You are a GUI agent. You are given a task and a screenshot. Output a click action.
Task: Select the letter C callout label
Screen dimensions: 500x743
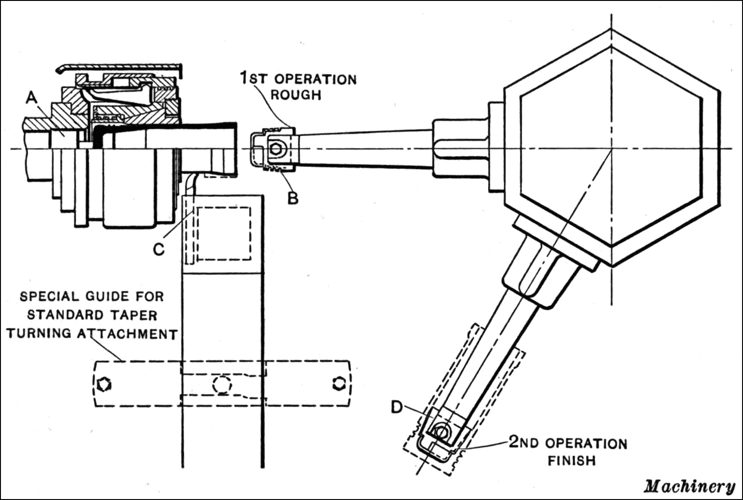pos(158,249)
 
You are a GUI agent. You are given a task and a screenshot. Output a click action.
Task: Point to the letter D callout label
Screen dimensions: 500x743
pos(397,407)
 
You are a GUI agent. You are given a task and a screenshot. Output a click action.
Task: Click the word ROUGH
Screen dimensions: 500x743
pos(296,95)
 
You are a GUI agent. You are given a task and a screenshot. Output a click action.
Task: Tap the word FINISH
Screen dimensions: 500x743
pos(572,460)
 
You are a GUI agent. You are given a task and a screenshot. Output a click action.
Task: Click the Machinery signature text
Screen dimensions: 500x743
pos(689,486)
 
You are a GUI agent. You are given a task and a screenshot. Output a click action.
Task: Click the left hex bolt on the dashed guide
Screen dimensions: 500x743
pos(105,384)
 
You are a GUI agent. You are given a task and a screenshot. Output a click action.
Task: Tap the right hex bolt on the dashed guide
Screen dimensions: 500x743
pos(339,383)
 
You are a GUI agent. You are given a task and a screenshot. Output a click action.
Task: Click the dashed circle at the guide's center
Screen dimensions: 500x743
pos(222,384)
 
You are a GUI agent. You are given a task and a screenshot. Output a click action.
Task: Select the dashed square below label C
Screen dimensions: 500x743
pos(224,233)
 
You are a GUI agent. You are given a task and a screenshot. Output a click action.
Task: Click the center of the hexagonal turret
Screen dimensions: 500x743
pos(612,148)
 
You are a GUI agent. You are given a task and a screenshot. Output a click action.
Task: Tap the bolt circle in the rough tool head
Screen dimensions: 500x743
pos(277,149)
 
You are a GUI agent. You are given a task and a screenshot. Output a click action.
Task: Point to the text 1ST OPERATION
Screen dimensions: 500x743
pos(298,78)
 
